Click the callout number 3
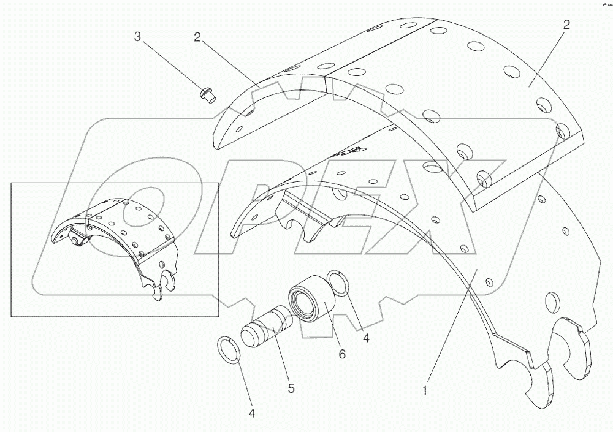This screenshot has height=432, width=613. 137,37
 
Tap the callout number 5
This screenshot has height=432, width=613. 291,388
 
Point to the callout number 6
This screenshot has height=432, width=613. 342,354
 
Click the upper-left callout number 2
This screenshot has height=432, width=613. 197,37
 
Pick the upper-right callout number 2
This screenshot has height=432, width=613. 566,25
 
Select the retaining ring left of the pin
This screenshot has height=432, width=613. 230,349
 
